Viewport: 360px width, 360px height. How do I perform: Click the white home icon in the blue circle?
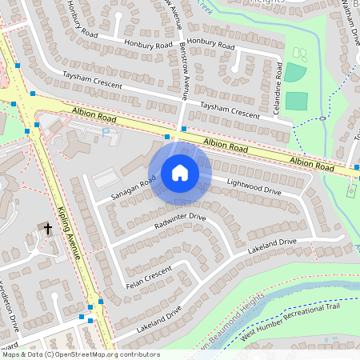click(x=180, y=173)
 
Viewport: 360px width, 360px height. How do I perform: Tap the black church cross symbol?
click(x=48, y=229)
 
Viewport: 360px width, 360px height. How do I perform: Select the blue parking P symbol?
click(x=106, y=132)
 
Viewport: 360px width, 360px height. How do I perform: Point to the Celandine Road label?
click(x=278, y=88)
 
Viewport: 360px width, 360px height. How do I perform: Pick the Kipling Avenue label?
click(x=70, y=233)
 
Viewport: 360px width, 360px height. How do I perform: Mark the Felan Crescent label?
click(x=149, y=275)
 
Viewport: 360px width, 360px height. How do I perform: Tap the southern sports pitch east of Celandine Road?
click(x=297, y=101)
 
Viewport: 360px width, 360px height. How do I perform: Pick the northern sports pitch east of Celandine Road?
click(x=295, y=72)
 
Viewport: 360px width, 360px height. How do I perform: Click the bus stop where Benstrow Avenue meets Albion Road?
click(x=184, y=128)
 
